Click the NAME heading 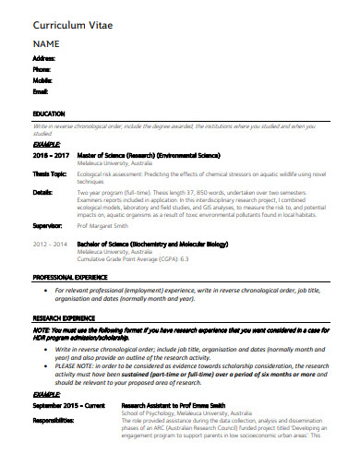point(47,43)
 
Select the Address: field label point(44,58)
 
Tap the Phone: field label point(42,69)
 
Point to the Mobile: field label point(42,80)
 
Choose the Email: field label point(41,91)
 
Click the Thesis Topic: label point(50,173)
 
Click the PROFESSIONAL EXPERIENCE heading point(71,278)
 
